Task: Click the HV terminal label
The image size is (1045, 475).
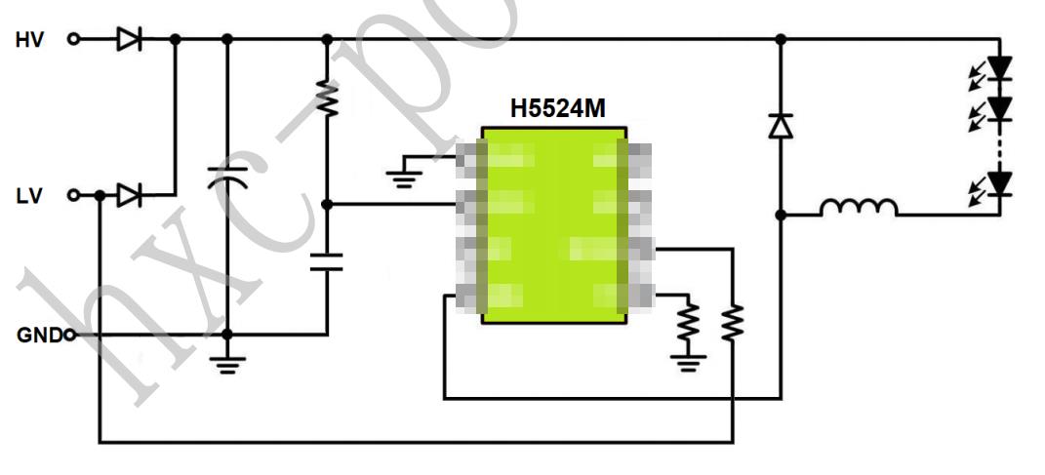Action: pos(29,40)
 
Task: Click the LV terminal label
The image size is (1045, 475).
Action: pos(29,196)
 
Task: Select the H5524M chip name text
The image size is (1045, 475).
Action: pos(557,109)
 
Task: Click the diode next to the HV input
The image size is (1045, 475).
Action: pos(129,40)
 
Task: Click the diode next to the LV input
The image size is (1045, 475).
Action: pos(129,196)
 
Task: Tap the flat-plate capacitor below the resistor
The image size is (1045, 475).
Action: pos(327,261)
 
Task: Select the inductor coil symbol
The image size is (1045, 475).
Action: pos(858,209)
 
